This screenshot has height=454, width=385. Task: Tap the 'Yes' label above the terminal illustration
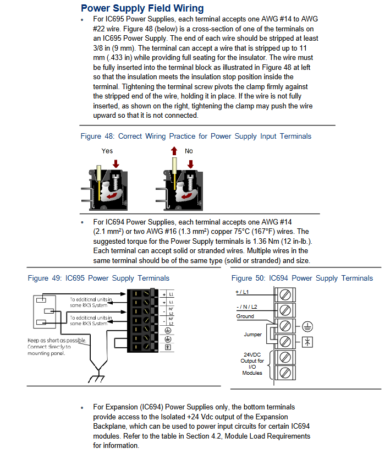click(x=107, y=150)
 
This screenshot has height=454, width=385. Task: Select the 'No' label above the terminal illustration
click(x=189, y=150)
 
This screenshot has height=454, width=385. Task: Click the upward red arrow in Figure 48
click(x=174, y=150)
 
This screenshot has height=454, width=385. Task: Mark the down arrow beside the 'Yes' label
click(x=116, y=163)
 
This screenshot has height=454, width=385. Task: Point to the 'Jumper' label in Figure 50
click(x=253, y=334)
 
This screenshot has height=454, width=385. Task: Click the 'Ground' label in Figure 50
click(x=245, y=316)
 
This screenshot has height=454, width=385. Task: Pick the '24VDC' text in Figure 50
click(x=253, y=355)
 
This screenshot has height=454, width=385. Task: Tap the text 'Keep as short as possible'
click(x=57, y=341)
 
